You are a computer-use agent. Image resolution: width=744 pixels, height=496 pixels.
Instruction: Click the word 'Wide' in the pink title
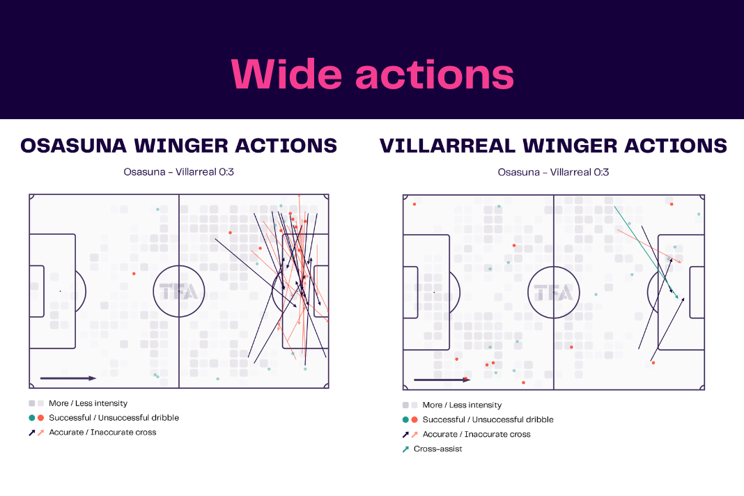pyautogui.click(x=286, y=74)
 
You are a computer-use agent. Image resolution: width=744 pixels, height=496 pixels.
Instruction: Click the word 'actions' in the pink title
pyautogui.click(x=435, y=75)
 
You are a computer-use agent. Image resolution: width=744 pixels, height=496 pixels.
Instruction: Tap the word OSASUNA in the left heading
pyautogui.click(x=74, y=146)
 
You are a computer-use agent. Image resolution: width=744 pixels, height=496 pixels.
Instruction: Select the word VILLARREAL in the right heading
pyautogui.click(x=447, y=146)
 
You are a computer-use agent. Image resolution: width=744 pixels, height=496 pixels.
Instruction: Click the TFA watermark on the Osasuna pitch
pyautogui.click(x=178, y=291)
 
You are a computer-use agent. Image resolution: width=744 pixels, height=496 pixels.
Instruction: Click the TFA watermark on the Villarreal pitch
pyautogui.click(x=553, y=293)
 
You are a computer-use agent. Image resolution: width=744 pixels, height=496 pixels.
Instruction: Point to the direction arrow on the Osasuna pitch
pyautogui.click(x=68, y=378)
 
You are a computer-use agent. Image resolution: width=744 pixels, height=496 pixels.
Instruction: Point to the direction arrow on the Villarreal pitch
pyautogui.click(x=442, y=380)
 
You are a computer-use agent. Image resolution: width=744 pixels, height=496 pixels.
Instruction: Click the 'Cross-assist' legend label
pyautogui.click(x=437, y=449)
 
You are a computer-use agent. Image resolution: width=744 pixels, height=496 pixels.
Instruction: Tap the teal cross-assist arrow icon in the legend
pyautogui.click(x=405, y=449)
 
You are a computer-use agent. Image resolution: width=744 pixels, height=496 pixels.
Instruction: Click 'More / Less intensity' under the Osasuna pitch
pyautogui.click(x=88, y=403)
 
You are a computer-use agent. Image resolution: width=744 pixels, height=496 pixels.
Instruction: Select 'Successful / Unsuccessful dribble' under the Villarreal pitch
pyautogui.click(x=488, y=419)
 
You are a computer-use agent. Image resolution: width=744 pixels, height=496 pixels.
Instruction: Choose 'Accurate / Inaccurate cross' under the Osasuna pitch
pyautogui.click(x=102, y=432)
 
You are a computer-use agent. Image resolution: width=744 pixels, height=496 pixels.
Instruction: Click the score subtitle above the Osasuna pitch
pyautogui.click(x=178, y=172)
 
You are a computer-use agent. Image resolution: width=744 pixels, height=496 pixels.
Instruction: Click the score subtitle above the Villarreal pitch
pyautogui.click(x=553, y=172)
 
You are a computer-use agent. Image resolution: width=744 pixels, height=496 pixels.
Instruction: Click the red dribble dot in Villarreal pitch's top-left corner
pyautogui.click(x=414, y=204)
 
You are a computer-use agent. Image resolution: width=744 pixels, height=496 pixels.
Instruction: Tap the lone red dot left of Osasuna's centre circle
pyautogui.click(x=134, y=274)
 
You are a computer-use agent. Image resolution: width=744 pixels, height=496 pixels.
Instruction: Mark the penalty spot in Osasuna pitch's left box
pyautogui.click(x=61, y=291)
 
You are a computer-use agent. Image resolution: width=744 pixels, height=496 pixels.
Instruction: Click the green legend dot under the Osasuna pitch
pyautogui.click(x=32, y=418)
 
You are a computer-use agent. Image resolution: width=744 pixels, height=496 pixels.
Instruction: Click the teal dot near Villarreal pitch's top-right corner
pyautogui.click(x=699, y=214)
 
